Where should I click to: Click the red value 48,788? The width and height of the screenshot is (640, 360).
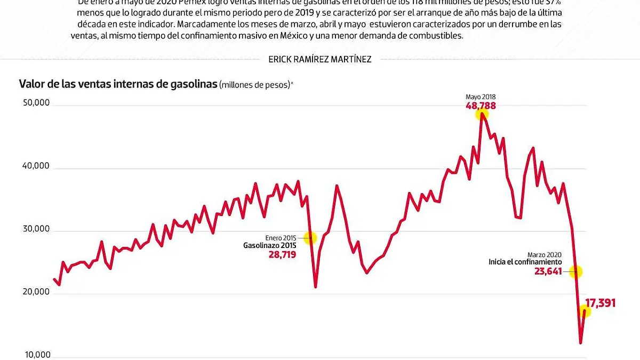click(x=481, y=106)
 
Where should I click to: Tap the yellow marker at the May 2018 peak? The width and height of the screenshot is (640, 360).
click(x=482, y=114)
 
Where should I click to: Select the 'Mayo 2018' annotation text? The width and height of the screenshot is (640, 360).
click(x=481, y=97)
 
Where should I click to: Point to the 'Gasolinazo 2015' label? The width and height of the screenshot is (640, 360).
click(x=269, y=246)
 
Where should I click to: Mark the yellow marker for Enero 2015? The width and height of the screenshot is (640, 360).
click(x=310, y=238)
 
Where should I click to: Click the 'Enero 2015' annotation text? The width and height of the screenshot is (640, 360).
click(x=281, y=238)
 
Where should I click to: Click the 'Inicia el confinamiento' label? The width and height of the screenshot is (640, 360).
click(x=525, y=262)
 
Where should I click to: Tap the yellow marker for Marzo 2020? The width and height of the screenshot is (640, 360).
click(x=575, y=271)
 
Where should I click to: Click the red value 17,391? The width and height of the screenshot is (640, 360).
click(x=601, y=303)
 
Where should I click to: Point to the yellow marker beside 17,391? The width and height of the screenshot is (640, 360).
click(x=585, y=311)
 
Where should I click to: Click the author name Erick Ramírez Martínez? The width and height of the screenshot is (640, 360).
click(x=320, y=59)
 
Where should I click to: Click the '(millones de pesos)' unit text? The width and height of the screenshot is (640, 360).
click(x=255, y=85)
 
